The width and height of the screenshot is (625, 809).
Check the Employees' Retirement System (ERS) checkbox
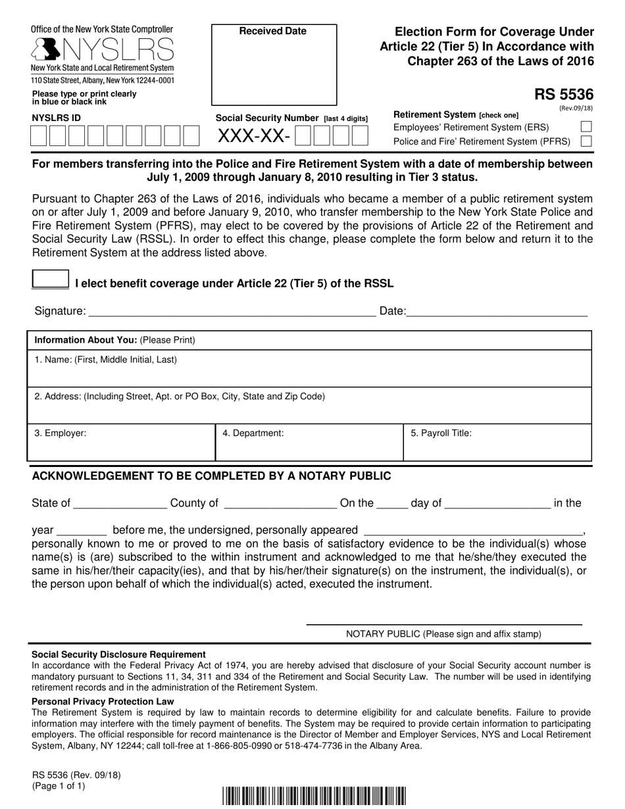[x=586, y=127]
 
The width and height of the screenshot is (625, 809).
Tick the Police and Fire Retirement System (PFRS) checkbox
[x=586, y=141]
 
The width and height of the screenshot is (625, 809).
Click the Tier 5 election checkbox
[x=50, y=280]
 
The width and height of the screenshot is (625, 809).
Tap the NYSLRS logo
[x=103, y=49]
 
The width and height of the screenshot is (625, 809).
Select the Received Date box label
[x=272, y=31]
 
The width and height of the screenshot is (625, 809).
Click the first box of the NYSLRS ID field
[x=39, y=135]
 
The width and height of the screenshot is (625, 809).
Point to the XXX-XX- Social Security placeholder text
[x=253, y=136]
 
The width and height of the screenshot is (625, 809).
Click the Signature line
[x=230, y=312]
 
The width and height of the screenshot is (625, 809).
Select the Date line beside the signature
[x=497, y=312]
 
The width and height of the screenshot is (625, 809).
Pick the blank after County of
[x=280, y=504]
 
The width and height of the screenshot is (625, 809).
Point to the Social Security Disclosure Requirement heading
[x=119, y=654]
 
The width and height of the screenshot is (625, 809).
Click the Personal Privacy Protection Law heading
[x=103, y=701]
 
